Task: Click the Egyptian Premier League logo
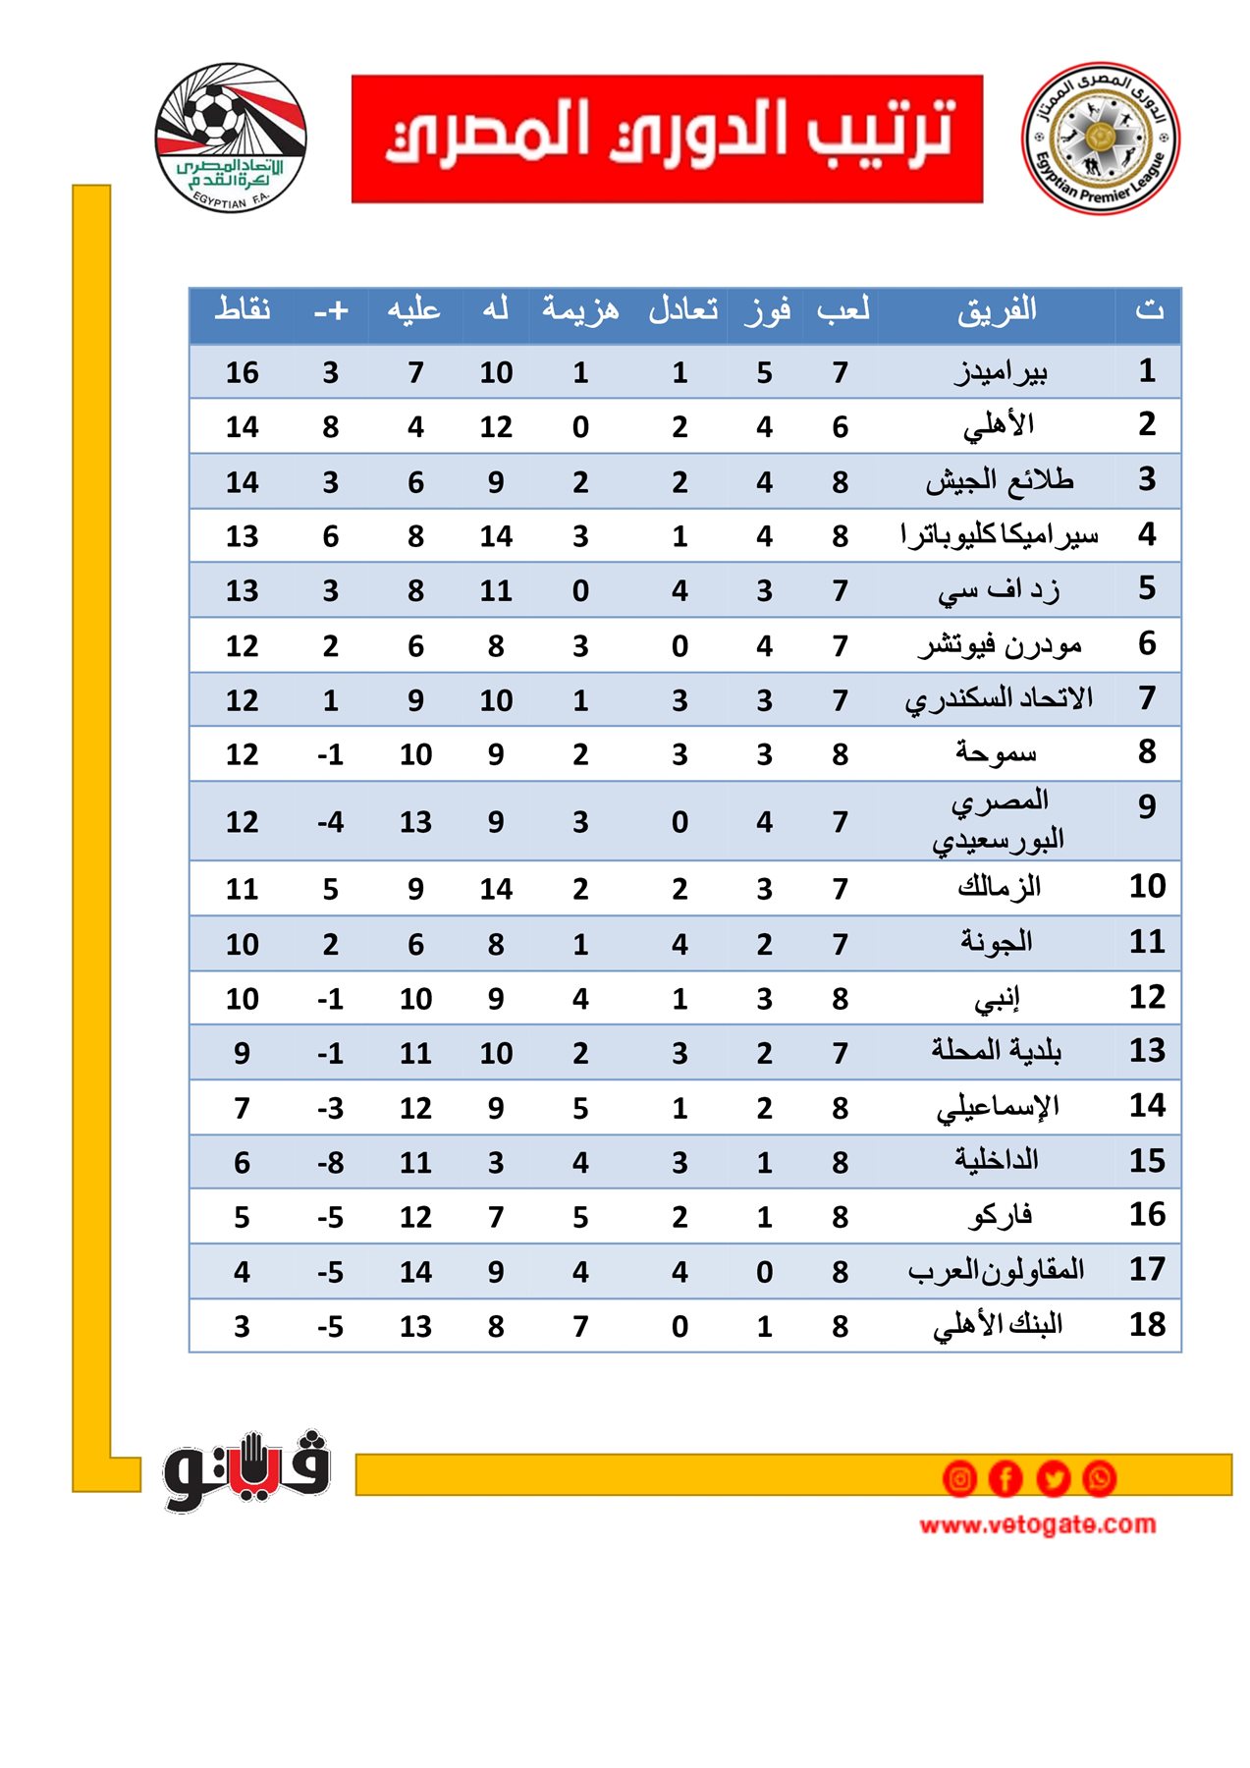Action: point(1100,138)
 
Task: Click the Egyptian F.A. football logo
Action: point(231,137)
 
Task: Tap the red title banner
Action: point(667,138)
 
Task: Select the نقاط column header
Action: point(243,310)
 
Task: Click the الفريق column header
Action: point(997,311)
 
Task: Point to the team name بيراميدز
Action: point(1001,372)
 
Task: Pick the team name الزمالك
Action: point(999,888)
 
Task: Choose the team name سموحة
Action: point(996,753)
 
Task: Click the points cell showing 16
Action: point(242,373)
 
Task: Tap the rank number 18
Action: point(1146,1324)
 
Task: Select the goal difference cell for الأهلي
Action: point(330,427)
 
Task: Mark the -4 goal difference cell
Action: point(330,821)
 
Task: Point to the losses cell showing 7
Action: point(580,1326)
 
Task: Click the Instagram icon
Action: point(959,1478)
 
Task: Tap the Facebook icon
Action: point(1005,1478)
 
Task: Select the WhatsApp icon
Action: point(1099,1478)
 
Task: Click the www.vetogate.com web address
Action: point(1037,1524)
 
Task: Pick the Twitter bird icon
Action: point(1053,1478)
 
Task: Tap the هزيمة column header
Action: point(580,310)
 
